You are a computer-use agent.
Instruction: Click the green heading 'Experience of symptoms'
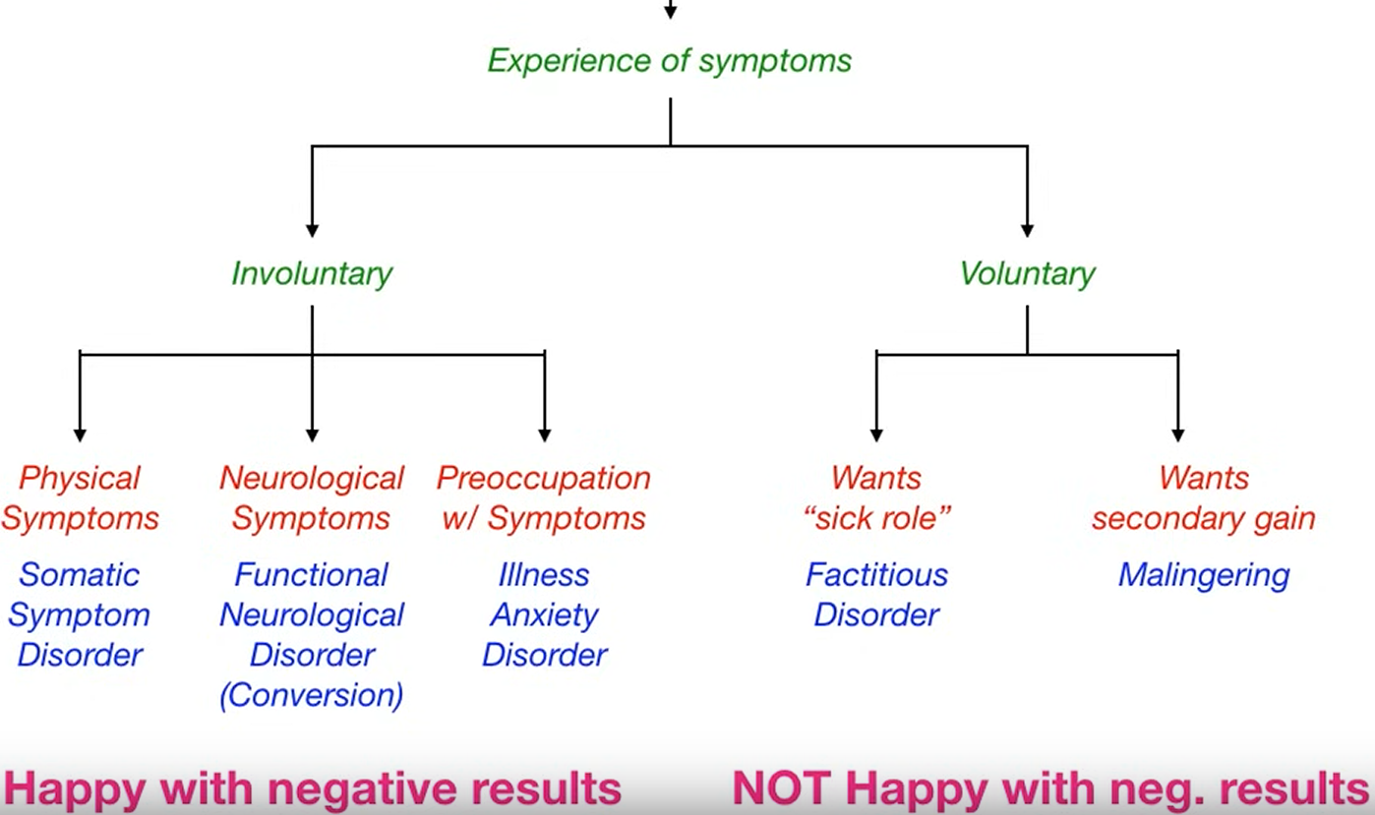(669, 61)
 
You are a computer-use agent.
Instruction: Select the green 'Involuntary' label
(312, 273)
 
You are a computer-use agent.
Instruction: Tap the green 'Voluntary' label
(1028, 273)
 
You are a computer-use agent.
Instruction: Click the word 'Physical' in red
(80, 478)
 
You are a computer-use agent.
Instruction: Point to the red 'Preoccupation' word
(544, 478)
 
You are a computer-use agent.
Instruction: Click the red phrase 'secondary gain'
(1204, 519)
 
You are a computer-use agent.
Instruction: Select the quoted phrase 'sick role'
(876, 518)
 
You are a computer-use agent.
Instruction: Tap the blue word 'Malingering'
(1204, 576)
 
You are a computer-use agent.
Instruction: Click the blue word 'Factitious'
(876, 575)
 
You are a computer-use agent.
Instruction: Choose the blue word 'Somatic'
(80, 575)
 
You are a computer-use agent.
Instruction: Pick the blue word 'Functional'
(311, 575)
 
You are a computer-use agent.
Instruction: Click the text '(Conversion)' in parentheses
(312, 696)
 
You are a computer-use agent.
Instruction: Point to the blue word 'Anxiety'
(545, 615)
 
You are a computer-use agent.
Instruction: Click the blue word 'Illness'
(544, 575)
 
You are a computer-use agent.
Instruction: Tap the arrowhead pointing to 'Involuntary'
(312, 231)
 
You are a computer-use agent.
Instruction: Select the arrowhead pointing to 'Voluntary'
(1028, 231)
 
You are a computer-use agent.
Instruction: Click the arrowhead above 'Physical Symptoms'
(80, 436)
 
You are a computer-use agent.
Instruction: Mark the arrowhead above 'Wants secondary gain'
(1178, 436)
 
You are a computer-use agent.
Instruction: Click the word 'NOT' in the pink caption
(781, 788)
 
